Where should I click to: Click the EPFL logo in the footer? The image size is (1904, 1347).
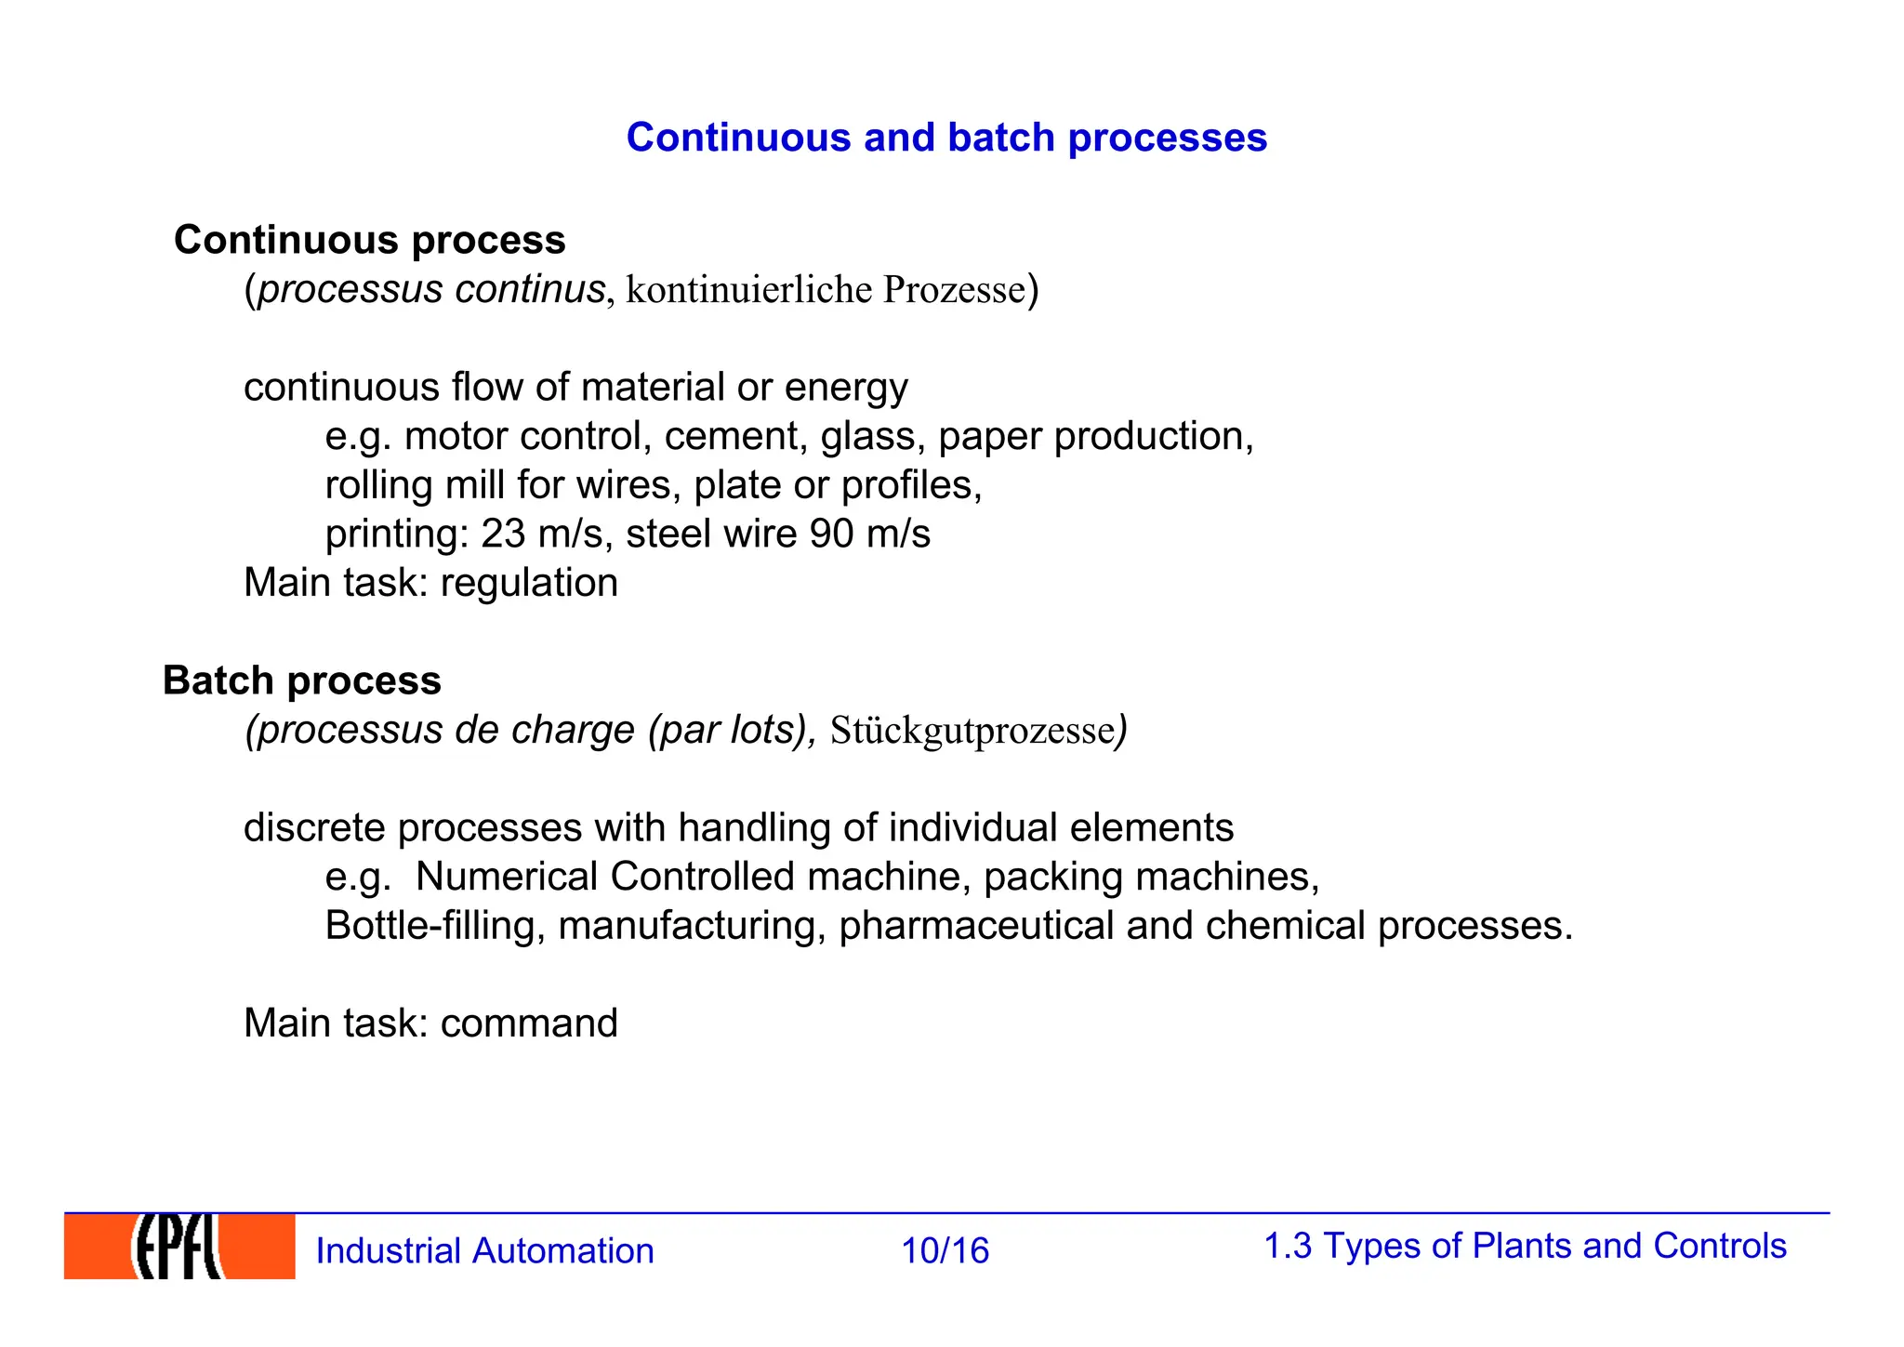tap(179, 1247)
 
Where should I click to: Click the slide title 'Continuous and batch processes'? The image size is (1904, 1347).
tap(946, 138)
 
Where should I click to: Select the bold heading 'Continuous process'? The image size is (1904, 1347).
tap(370, 240)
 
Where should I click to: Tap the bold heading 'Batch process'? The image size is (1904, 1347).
tap(302, 680)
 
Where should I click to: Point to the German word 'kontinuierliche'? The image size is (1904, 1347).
tap(749, 290)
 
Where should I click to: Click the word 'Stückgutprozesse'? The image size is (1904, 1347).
tap(972, 731)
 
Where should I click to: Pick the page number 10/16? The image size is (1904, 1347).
tap(945, 1251)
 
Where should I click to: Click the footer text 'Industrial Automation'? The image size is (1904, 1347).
tap(484, 1251)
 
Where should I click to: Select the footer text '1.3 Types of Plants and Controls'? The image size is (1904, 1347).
tap(1525, 1246)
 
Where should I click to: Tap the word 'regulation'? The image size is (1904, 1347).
tap(529, 583)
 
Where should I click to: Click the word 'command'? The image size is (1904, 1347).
tap(529, 1023)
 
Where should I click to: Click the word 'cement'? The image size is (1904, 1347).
tap(735, 437)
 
